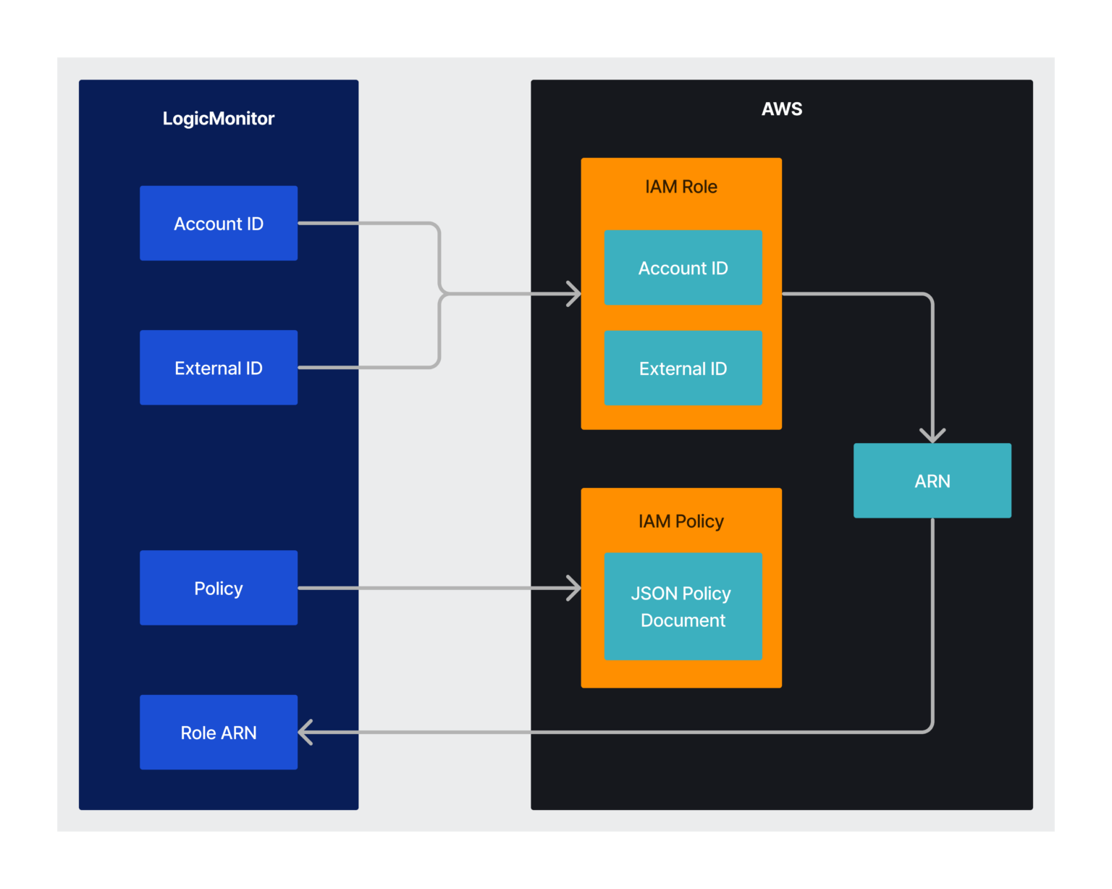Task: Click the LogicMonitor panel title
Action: (x=218, y=119)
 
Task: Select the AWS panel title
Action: (x=781, y=109)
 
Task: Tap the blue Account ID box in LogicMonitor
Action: (x=218, y=224)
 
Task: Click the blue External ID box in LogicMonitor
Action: (x=218, y=368)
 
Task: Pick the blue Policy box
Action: (x=218, y=588)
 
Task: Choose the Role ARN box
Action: (x=218, y=733)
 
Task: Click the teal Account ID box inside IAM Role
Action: (x=683, y=268)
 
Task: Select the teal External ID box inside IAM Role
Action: (x=683, y=368)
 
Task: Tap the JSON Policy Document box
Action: (x=683, y=607)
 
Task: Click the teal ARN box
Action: (x=932, y=481)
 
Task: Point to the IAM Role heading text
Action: (x=681, y=187)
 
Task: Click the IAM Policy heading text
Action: (x=681, y=521)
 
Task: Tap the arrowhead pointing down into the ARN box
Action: (x=932, y=437)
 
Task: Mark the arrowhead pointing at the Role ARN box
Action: (x=305, y=732)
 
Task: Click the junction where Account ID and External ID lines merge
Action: (x=441, y=294)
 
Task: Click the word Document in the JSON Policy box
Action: (x=683, y=620)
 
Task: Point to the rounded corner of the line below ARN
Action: (x=929, y=728)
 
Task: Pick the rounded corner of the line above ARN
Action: (x=929, y=298)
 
